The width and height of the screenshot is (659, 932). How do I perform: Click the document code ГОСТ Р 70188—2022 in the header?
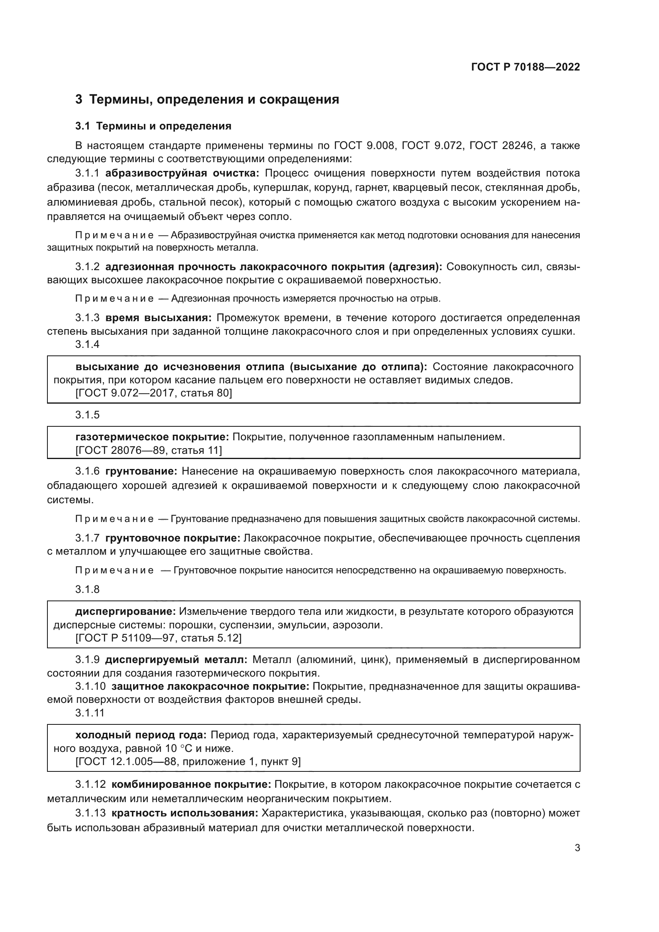tap(526, 67)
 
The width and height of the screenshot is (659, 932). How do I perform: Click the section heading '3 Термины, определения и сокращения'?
tap(207, 100)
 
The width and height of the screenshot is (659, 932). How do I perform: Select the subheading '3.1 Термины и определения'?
tap(153, 126)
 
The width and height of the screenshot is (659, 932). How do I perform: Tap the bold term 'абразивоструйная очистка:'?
tap(182, 173)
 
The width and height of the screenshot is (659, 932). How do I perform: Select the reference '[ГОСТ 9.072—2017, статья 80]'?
tap(154, 393)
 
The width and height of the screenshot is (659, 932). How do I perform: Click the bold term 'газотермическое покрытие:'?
tap(153, 437)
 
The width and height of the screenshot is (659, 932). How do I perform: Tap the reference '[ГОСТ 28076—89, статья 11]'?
tap(149, 450)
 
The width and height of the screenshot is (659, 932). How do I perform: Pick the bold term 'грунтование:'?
tap(141, 471)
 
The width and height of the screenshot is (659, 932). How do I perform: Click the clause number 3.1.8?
tap(87, 589)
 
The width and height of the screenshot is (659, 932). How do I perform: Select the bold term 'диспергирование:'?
tap(126, 612)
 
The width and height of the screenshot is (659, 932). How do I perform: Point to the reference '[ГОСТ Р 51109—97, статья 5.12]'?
tap(159, 638)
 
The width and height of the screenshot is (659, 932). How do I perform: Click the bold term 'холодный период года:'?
tap(141, 735)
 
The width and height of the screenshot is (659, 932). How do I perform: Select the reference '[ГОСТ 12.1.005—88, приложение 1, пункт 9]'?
tap(188, 761)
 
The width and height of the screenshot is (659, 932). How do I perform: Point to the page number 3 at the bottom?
tap(577, 848)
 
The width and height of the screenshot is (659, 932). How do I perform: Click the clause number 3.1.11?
tap(90, 713)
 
